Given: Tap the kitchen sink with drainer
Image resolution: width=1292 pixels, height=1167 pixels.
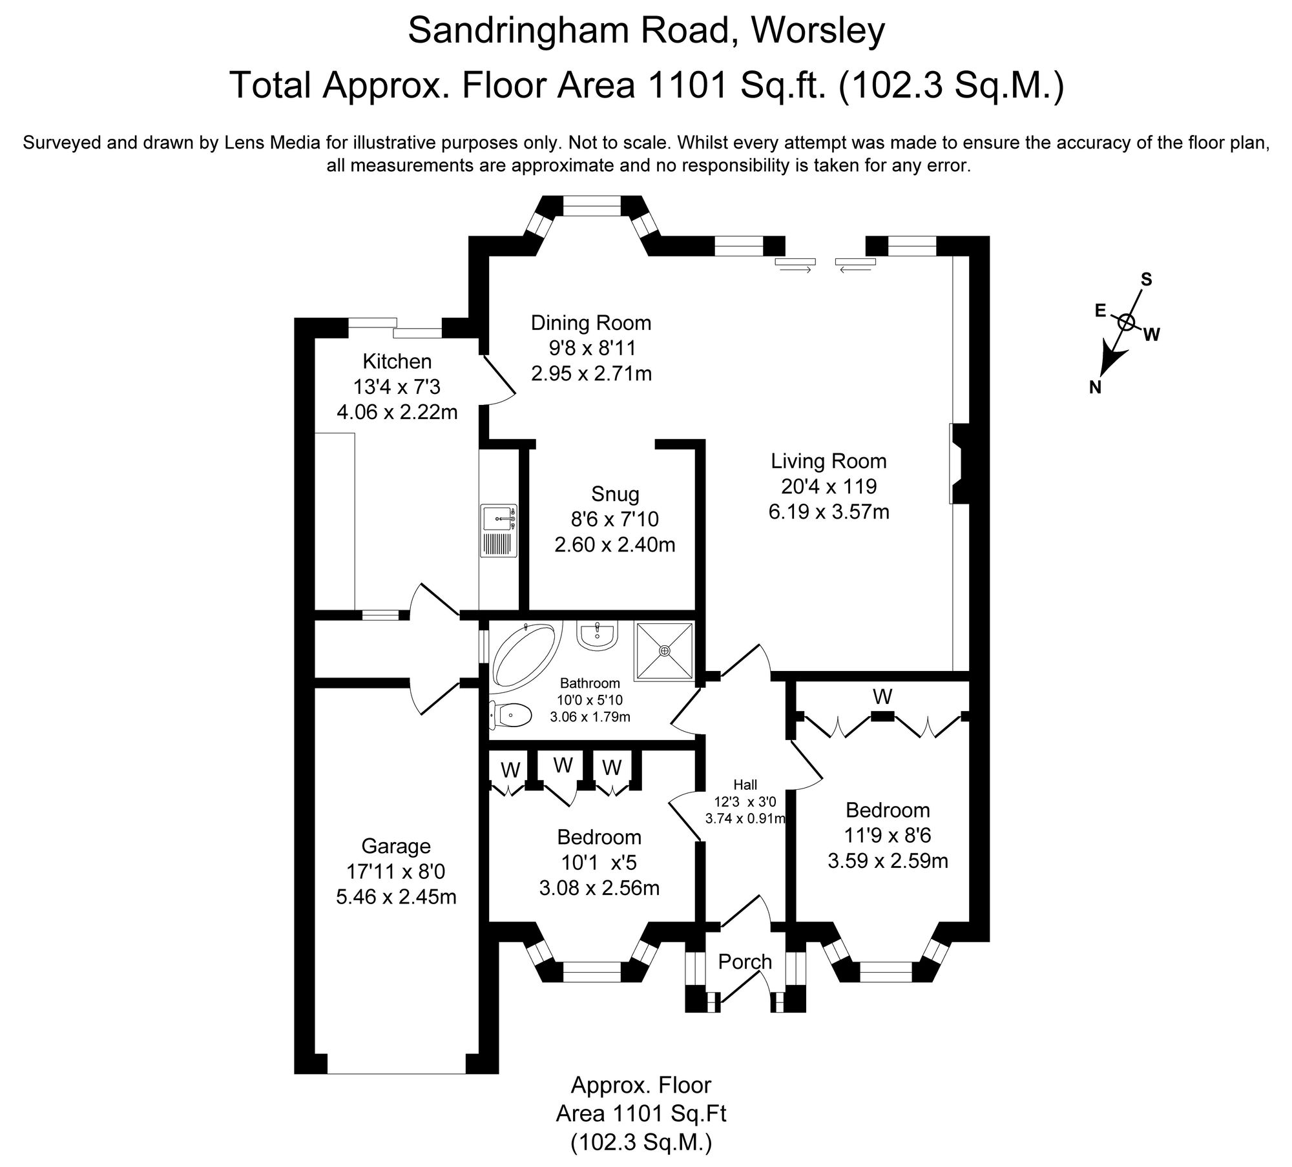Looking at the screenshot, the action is (499, 530).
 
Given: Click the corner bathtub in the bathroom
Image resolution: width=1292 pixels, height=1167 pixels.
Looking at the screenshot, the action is (523, 656).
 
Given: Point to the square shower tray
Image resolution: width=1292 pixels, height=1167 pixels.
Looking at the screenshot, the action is (664, 651).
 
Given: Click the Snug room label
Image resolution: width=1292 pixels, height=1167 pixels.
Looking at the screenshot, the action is (615, 495).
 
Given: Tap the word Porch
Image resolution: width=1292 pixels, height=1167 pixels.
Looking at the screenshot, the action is (745, 962).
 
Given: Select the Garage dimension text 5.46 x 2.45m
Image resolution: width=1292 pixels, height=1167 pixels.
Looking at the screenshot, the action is (396, 897).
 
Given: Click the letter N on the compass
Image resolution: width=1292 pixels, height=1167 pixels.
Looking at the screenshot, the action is (1094, 387).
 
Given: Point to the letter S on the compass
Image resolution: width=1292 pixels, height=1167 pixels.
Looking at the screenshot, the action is (1146, 279).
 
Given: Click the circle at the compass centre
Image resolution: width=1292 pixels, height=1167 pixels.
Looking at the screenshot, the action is (1126, 322).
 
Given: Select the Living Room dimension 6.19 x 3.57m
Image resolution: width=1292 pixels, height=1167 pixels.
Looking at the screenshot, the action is (829, 512).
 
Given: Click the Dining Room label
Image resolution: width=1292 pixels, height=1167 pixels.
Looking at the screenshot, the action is (591, 322).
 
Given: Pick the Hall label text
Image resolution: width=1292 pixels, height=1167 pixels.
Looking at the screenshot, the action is (745, 785).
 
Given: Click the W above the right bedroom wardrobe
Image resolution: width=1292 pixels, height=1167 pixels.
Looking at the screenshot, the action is (882, 697).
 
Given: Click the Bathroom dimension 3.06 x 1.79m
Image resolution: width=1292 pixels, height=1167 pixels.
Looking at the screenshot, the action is (590, 716).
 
